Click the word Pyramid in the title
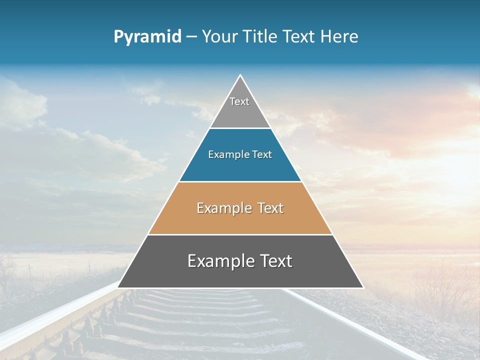pyautogui.click(x=147, y=37)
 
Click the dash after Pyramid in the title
pyautogui.click(x=191, y=37)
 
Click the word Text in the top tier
pyautogui.click(x=239, y=101)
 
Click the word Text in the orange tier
pyautogui.click(x=270, y=208)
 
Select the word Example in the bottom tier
pyautogui.click(x=219, y=261)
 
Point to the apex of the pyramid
pyautogui.click(x=240, y=75)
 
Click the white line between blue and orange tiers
pyautogui.click(x=240, y=181)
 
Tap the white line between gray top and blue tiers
pyautogui.click(x=240, y=128)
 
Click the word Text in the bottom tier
pyautogui.click(x=274, y=261)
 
